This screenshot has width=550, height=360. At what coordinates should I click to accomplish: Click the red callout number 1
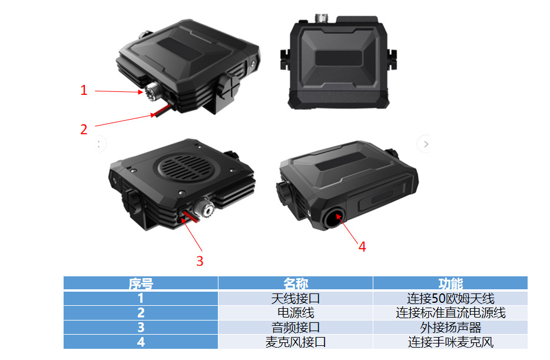coord(84,90)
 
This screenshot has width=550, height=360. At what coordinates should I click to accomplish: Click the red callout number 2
coord(84,130)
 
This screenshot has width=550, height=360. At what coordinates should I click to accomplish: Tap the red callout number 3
coord(200,261)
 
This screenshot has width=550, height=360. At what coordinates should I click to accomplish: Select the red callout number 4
coord(362,247)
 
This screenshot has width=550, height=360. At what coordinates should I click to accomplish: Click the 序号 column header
coord(141,283)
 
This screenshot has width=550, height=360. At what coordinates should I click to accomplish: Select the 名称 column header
coord(296,283)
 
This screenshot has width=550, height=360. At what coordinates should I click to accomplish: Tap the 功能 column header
coord(450,283)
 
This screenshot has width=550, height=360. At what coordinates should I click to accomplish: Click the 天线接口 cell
coord(296,298)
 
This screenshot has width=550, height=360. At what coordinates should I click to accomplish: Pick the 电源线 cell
coord(296,313)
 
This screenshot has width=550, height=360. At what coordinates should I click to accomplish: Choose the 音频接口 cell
coord(296,328)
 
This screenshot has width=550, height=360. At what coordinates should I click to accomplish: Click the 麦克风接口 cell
coord(296,342)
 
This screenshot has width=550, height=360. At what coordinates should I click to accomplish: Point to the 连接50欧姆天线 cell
coord(450,298)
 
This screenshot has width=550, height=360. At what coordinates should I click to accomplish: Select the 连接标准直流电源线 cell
coord(450,313)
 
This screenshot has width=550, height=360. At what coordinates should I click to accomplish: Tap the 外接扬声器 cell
coord(450,328)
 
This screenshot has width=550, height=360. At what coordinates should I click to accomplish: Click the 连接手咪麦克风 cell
coord(450,342)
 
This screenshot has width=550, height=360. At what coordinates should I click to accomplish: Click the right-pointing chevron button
coord(426,144)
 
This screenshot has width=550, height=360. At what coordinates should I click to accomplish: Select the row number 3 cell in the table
coord(141,328)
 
